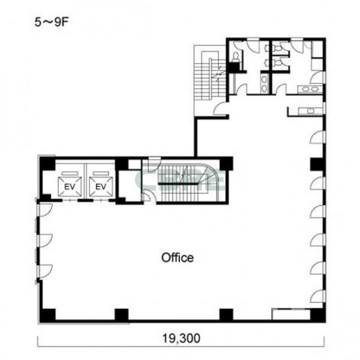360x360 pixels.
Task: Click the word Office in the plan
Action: pos(177,258)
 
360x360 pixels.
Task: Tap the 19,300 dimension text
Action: pos(181,338)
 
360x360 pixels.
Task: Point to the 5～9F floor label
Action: pos(52,22)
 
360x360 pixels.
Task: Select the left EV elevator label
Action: pos(69,187)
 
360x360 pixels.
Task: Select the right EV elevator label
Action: pos(101,187)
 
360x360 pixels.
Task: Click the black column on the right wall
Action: pos(317,164)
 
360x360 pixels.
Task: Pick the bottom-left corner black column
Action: pos(48,316)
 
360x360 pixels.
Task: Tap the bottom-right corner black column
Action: pos(318,316)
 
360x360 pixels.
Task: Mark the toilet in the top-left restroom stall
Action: pos(236,56)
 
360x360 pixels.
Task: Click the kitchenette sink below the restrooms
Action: pos(310,111)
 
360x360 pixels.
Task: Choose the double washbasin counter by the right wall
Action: pos(310,89)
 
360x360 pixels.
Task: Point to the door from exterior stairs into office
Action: pos(220,109)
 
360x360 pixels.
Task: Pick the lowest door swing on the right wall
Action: pos(317,296)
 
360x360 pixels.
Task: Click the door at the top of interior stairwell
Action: pos(154,164)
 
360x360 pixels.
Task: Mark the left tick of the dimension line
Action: pos(38,341)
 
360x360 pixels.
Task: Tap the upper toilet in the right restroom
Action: pos(277,49)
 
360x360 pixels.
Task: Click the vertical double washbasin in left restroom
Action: pos(265,83)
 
